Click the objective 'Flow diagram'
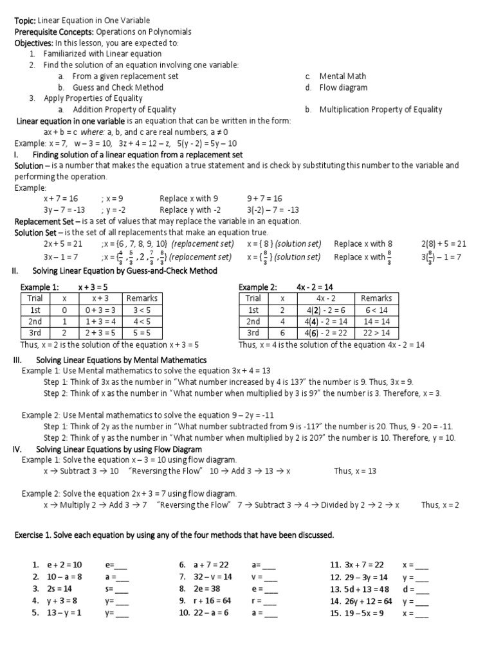coord(343,87)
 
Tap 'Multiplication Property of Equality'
coord(381,109)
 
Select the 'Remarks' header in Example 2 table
coord(376,298)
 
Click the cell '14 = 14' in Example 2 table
coord(376,321)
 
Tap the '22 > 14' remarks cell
coord(376,332)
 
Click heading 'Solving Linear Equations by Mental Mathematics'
coord(122,360)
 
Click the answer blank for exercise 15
coord(421,614)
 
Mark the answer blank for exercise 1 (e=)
coord(121,565)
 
